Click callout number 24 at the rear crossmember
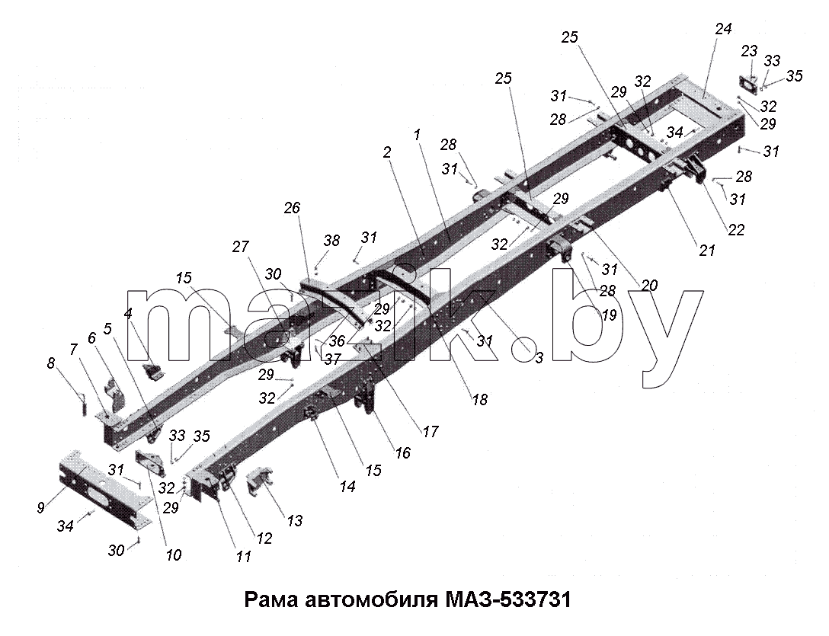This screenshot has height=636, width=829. click(723, 29)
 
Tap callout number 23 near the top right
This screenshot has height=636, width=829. click(749, 51)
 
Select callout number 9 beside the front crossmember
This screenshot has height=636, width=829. click(40, 508)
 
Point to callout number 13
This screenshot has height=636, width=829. click(294, 521)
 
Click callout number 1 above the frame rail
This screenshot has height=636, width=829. click(417, 135)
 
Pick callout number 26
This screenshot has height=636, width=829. click(291, 208)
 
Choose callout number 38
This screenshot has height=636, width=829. click(331, 241)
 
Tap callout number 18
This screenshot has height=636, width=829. click(479, 399)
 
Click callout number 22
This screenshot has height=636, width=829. click(736, 230)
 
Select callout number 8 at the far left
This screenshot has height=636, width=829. click(51, 364)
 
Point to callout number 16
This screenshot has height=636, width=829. click(402, 453)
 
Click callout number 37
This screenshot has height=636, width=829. click(332, 360)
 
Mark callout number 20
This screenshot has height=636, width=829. click(648, 286)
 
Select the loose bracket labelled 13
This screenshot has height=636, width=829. click(260, 481)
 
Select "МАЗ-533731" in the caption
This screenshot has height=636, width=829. click(508, 600)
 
